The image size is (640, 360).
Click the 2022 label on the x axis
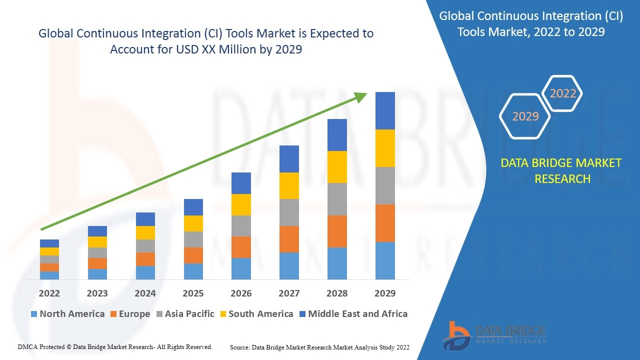tap(49, 293)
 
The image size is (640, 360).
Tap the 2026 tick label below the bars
tap(241, 293)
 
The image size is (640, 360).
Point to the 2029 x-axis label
tap(385, 293)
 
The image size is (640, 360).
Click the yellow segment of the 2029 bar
tap(385, 148)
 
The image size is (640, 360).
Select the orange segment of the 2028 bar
tap(337, 231)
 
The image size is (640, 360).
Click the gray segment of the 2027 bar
tap(289, 212)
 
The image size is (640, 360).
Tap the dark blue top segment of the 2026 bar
tap(241, 183)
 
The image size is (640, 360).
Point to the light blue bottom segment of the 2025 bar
tap(193, 271)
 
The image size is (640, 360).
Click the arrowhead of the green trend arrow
tap(361, 96)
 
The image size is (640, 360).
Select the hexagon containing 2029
tap(525, 116)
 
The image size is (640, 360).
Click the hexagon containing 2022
tap(563, 93)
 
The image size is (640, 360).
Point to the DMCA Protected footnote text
tap(115, 346)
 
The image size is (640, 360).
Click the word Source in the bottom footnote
tap(240, 347)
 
